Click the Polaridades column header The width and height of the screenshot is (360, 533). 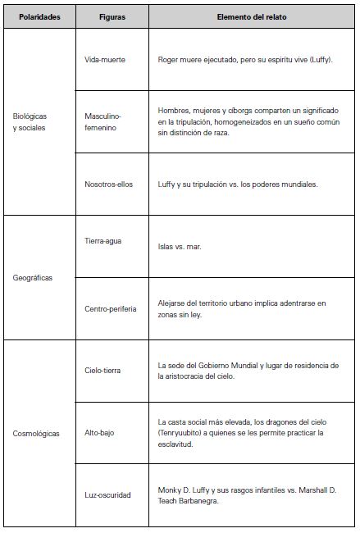pyautogui.click(x=39, y=16)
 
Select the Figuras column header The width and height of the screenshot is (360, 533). pyautogui.click(x=112, y=16)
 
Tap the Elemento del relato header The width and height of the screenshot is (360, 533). pyautogui.click(x=252, y=16)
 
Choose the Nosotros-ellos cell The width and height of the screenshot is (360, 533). pyautogui.click(x=110, y=184)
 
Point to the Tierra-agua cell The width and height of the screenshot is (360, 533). pyautogui.click(x=103, y=241)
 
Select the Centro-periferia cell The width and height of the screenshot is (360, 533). pyautogui.click(x=111, y=308)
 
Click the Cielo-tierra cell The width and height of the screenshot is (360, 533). pyautogui.click(x=103, y=371)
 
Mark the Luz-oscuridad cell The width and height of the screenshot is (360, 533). pyautogui.click(x=107, y=494)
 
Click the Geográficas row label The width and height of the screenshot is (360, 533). pyautogui.click(x=33, y=278)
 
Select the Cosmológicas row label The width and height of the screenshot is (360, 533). pyautogui.click(x=36, y=433)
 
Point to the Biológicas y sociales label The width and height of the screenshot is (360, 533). pyautogui.click(x=31, y=121)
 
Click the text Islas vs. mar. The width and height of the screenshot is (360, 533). pyautogui.click(x=180, y=245)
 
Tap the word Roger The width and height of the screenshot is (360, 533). pyautogui.click(x=168, y=60)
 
